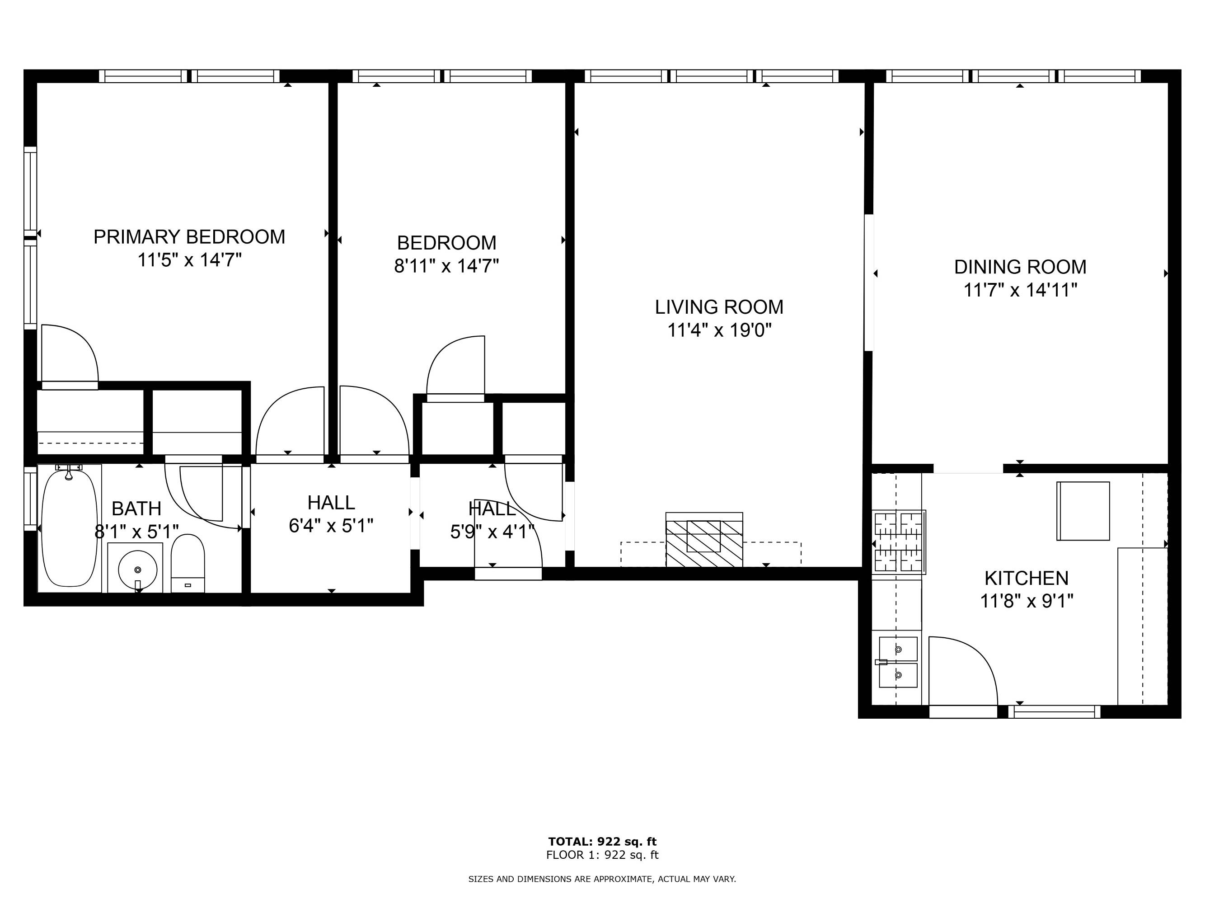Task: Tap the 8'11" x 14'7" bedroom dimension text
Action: (x=447, y=266)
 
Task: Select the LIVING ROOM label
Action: (x=719, y=307)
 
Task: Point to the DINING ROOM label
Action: (x=1020, y=267)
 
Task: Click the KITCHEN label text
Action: (x=1027, y=578)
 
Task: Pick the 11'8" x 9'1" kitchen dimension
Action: (x=1027, y=601)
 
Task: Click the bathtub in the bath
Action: (x=70, y=528)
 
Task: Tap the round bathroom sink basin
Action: (x=138, y=570)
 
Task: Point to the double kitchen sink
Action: (x=898, y=663)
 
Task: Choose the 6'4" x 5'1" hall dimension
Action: (x=331, y=526)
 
